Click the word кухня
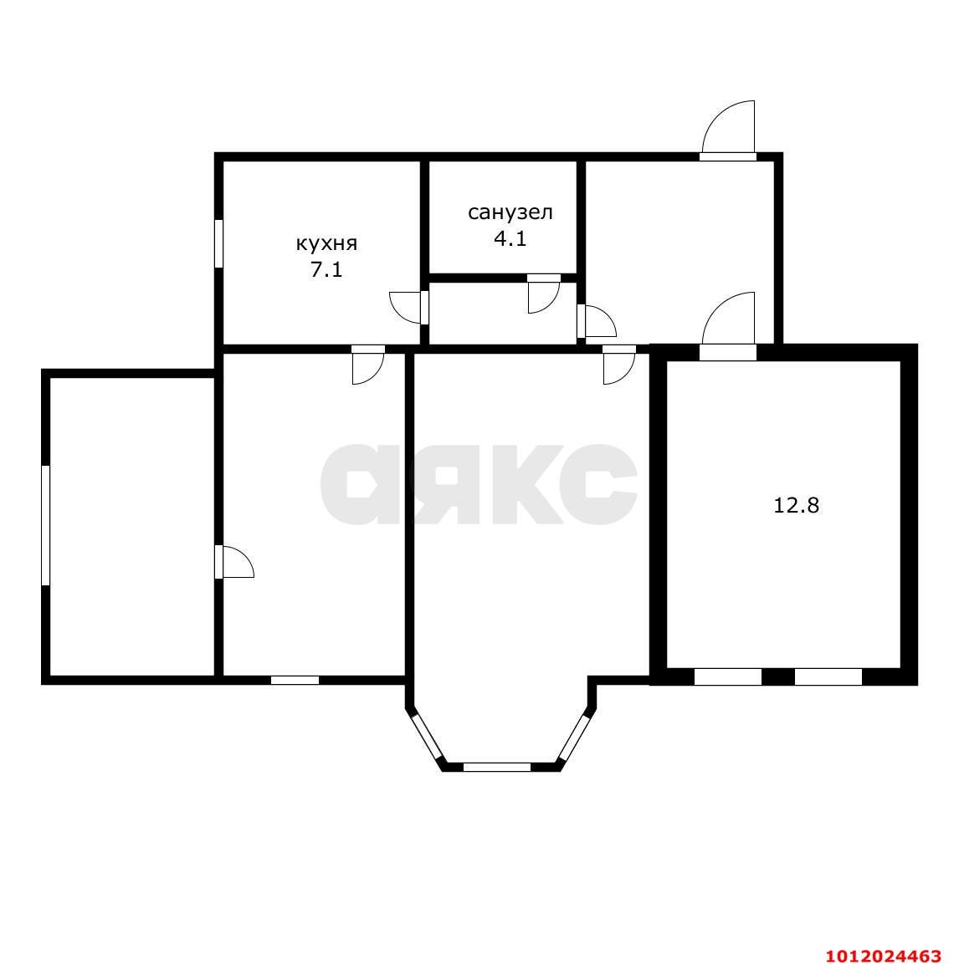pyautogui.click(x=326, y=243)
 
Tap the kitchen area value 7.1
pyautogui.click(x=326, y=270)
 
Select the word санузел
pyautogui.click(x=510, y=212)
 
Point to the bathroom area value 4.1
pyautogui.click(x=510, y=239)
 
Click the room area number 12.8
pyautogui.click(x=796, y=505)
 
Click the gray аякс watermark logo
pyautogui.click(x=479, y=484)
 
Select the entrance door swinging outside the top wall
pyautogui.click(x=728, y=130)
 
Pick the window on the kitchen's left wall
pyautogui.click(x=218, y=243)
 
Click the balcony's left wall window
pyautogui.click(x=45, y=525)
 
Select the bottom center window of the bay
pyautogui.click(x=497, y=767)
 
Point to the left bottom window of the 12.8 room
pyautogui.click(x=727, y=677)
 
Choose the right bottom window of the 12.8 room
pyautogui.click(x=828, y=677)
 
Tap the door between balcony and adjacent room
pyautogui.click(x=234, y=562)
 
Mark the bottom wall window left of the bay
pyautogui.click(x=295, y=680)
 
